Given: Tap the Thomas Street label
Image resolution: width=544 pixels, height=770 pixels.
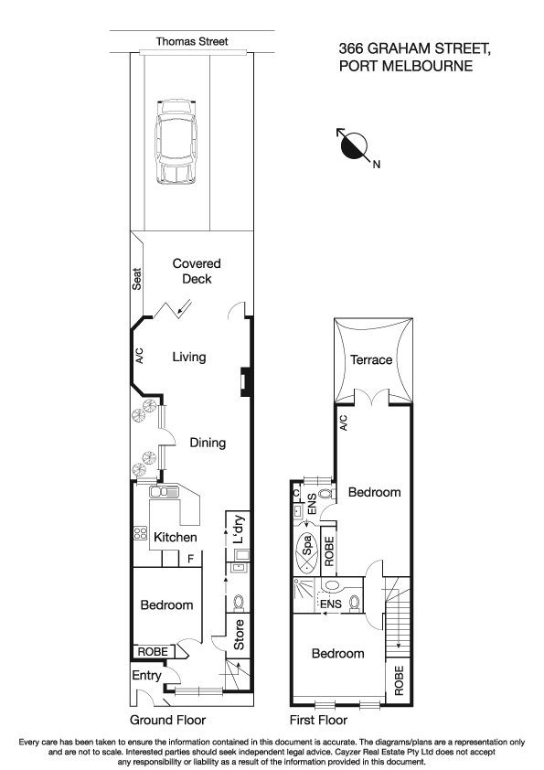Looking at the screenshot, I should pyautogui.click(x=192, y=41).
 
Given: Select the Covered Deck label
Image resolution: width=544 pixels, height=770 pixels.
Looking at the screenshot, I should pyautogui.click(x=197, y=271).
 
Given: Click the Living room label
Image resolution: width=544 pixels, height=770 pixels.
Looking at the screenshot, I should pyautogui.click(x=189, y=357).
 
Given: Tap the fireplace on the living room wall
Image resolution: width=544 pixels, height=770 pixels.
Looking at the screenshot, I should pyautogui.click(x=244, y=382).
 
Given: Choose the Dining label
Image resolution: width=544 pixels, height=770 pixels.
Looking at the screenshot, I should pyautogui.click(x=208, y=443).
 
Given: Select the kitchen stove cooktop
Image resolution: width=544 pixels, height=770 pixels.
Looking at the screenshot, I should pyautogui.click(x=142, y=534).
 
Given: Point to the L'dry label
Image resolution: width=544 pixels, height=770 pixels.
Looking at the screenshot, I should pyautogui.click(x=239, y=531).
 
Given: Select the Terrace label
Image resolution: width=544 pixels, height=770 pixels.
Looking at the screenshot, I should pyautogui.click(x=371, y=359).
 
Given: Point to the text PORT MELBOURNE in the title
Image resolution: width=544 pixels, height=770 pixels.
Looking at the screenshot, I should pyautogui.click(x=405, y=66).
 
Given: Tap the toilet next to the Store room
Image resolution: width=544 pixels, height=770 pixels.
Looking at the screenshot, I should pyautogui.click(x=239, y=603).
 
